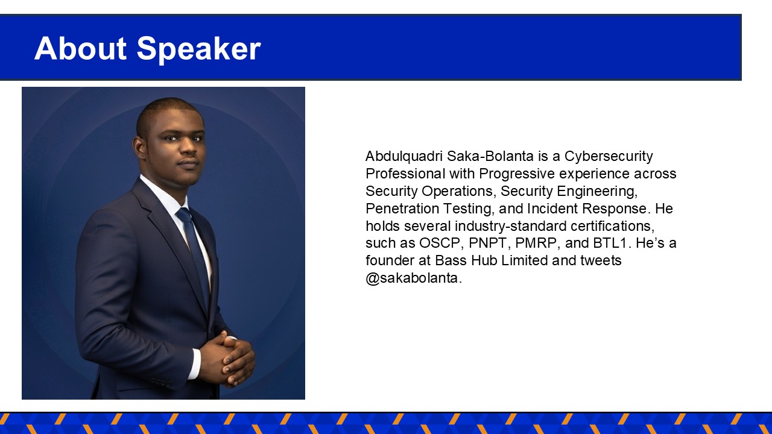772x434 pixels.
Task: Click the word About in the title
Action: (80, 48)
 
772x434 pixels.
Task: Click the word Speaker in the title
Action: (199, 50)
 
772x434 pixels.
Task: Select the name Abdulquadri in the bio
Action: (404, 157)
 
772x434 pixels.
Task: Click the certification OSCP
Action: (440, 243)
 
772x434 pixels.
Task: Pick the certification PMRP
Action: (536, 243)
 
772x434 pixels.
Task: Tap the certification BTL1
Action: (609, 243)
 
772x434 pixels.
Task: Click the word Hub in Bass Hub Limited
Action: (484, 260)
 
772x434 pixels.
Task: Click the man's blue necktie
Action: (195, 255)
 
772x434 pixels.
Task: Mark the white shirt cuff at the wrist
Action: (196, 364)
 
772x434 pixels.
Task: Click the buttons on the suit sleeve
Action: (161, 382)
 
